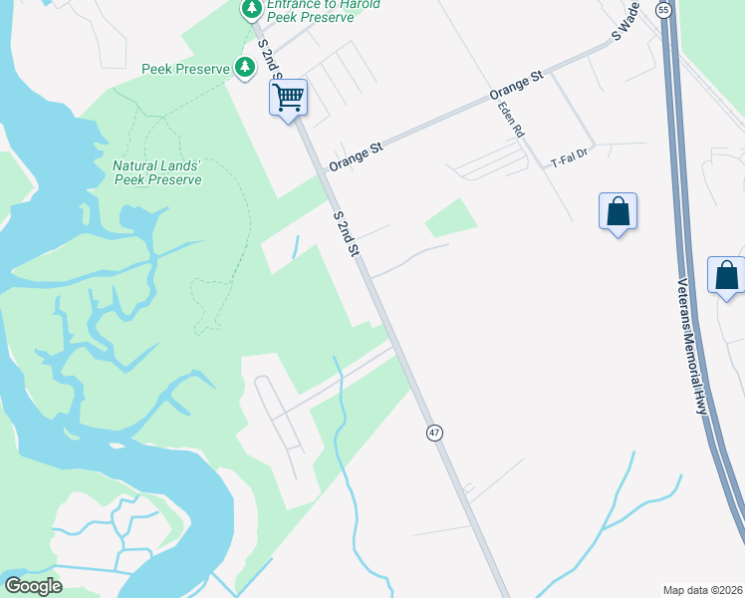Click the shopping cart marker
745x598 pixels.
288,99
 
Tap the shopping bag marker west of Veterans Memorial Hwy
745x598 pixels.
618,212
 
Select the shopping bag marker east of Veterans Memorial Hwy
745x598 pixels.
726,275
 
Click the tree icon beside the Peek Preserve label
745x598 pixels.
245,68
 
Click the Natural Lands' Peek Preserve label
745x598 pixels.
157,172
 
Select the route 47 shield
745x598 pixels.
434,433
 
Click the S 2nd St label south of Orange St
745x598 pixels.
346,232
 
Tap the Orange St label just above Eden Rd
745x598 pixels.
515,87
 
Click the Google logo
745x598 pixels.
33,586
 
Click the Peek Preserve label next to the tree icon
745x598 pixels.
185,69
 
